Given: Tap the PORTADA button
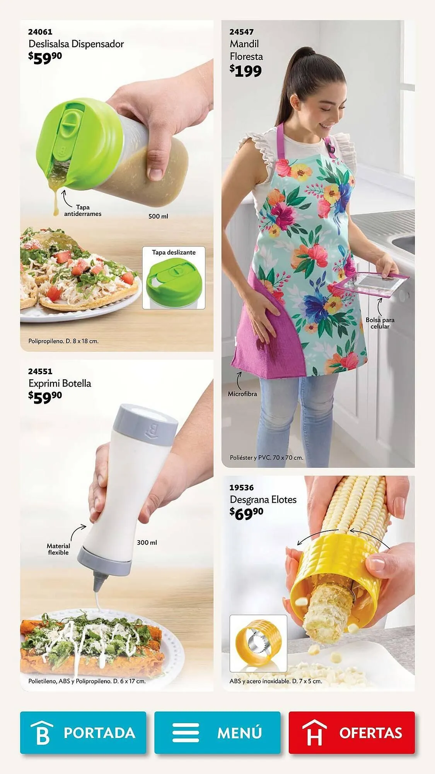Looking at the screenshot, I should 83,733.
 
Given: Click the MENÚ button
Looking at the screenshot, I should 217,733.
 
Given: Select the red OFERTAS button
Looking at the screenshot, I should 351,733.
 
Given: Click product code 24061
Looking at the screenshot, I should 40,32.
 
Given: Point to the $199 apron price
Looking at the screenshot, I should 246,71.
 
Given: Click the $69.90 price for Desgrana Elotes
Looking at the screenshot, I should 246,513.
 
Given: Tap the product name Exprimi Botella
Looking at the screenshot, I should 60,383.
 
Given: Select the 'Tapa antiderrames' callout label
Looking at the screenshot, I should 83,211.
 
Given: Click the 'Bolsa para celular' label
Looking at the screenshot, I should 380,323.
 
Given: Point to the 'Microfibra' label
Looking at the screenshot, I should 242,394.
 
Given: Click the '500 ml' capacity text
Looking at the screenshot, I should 158,216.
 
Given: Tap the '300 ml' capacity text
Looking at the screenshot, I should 147,543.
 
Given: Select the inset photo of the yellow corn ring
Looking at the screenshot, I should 258,643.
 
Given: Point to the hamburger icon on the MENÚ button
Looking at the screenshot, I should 186,733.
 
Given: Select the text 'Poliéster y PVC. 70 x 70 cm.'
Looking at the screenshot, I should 266,457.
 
